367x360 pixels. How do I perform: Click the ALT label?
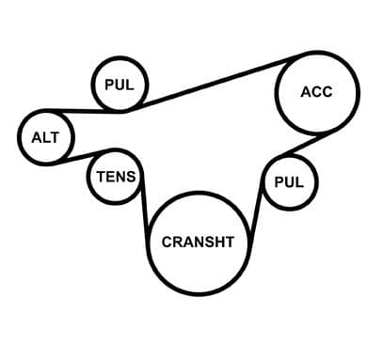coord(45,137)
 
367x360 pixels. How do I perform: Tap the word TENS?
coord(116,177)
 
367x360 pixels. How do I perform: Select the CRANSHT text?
coord(198,242)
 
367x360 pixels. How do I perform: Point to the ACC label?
coord(316,92)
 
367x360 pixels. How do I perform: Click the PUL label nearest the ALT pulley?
coord(120,85)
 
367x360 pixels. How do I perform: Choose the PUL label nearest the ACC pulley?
coord(289,182)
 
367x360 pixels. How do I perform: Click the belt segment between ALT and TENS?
coord(83,156)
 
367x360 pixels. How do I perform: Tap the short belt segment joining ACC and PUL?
coord(308,144)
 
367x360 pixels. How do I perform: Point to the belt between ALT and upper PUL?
coord(83,111)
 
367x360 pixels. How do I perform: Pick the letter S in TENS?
coord(130,177)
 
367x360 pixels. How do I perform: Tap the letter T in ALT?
coord(55,137)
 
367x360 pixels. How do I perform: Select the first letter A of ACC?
coord(306,92)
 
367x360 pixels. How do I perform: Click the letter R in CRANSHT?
coord(178,242)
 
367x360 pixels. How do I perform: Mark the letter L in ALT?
coord(46,137)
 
